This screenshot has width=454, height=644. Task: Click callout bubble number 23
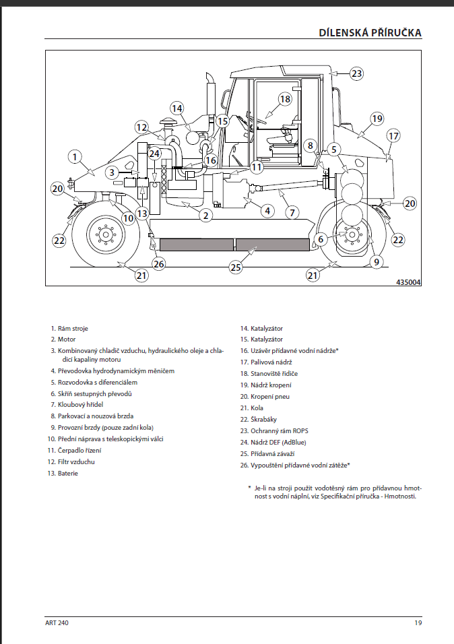[x=356, y=73]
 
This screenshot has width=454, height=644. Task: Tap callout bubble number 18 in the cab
[x=285, y=98]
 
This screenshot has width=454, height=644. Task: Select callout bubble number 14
[x=176, y=108]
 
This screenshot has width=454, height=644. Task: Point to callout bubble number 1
[x=75, y=156]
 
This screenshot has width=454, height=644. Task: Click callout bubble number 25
[x=235, y=267]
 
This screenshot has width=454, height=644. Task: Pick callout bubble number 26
[x=159, y=263]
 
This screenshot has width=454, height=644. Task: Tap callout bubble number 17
[x=393, y=135]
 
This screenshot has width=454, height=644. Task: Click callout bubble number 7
[x=291, y=212]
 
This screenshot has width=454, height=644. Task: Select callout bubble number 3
[x=112, y=172]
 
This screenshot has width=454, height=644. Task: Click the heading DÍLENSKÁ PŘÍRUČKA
[x=370, y=33]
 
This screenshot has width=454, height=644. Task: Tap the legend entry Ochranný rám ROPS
[x=279, y=430]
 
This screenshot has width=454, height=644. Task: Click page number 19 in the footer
[x=418, y=623]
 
